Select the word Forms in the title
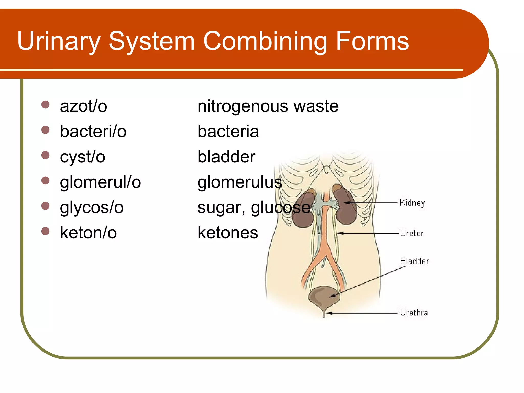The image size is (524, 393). point(372,41)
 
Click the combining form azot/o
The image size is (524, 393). point(83,106)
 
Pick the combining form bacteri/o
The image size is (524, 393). point(93,132)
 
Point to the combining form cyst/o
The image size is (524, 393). point(82,157)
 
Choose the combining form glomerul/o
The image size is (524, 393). point(100,182)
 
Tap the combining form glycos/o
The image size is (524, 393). point(92,208)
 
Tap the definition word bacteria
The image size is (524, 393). point(228,132)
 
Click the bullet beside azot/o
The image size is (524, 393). point(45,105)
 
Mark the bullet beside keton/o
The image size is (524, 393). point(45,231)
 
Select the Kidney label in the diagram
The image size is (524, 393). point(412,203)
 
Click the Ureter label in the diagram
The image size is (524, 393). point(412,233)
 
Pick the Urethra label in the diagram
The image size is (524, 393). point(414,313)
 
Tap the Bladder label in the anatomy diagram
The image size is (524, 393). point(414,261)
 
